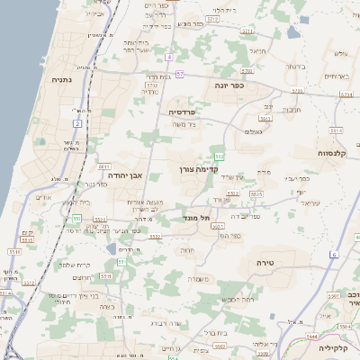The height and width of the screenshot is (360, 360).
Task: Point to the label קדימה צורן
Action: tap(193, 169)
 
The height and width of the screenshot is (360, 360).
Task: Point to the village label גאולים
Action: tap(253, 131)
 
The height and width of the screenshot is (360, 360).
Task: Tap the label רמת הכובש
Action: tap(238, 298)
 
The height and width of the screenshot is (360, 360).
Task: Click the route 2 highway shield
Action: tap(77, 122)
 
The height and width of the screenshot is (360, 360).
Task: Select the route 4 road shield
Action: tap(168, 57)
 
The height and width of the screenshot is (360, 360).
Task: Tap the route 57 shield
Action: tap(180, 74)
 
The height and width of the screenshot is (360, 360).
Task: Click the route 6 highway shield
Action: tap(333, 256)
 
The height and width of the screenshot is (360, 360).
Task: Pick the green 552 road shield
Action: tap(220, 157)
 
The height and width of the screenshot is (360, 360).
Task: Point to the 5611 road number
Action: tap(104, 166)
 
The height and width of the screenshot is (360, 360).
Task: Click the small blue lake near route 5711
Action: tap(112, 247)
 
